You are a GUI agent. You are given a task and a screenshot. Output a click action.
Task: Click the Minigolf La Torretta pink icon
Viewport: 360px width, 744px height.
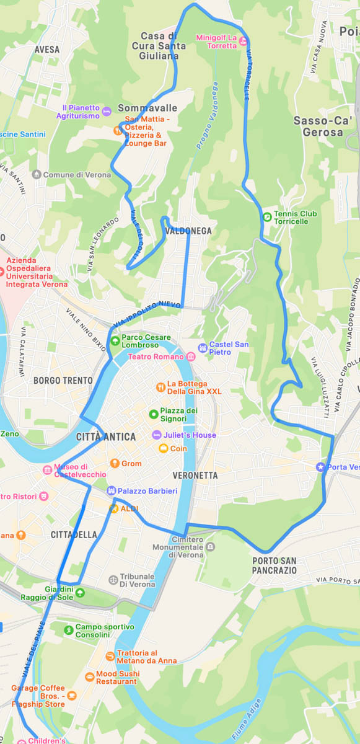pyautogui.click(x=244, y=42)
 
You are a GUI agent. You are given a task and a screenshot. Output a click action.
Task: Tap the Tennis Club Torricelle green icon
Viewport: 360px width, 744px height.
pyautogui.click(x=266, y=217)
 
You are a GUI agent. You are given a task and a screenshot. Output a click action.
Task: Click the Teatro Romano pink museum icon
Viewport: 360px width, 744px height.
pyautogui.click(x=190, y=356)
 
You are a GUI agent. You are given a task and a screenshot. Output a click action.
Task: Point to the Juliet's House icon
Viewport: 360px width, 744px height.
pyautogui.click(x=157, y=435)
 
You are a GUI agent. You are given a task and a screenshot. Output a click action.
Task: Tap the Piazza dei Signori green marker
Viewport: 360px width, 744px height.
pyautogui.click(x=153, y=414)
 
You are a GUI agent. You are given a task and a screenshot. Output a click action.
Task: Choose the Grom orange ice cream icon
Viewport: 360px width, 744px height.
pyautogui.click(x=114, y=463)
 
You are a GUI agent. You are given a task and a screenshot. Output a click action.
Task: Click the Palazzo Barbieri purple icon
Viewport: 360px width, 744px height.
pyautogui.click(x=111, y=491)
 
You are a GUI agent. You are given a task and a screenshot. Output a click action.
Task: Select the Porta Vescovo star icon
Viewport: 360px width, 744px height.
pyautogui.click(x=320, y=467)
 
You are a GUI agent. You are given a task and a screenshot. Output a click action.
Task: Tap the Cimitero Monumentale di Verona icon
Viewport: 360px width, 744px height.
pyautogui.click(x=211, y=547)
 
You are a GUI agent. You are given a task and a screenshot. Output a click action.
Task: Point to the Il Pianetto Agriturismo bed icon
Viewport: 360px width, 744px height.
pyautogui.click(x=107, y=112)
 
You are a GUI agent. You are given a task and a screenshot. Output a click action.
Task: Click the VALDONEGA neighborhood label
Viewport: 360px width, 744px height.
pyautogui.click(x=188, y=231)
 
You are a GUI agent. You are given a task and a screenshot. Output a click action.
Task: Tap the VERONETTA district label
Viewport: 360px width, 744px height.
pyautogui.click(x=196, y=476)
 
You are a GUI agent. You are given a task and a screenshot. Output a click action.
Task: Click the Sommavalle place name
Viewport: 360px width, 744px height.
pyautogui.click(x=147, y=108)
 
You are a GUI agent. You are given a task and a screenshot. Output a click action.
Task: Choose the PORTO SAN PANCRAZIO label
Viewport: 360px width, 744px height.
pyautogui.click(x=274, y=565)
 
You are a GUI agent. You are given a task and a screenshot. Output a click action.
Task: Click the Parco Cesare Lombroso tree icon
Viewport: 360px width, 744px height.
pyautogui.click(x=115, y=341)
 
